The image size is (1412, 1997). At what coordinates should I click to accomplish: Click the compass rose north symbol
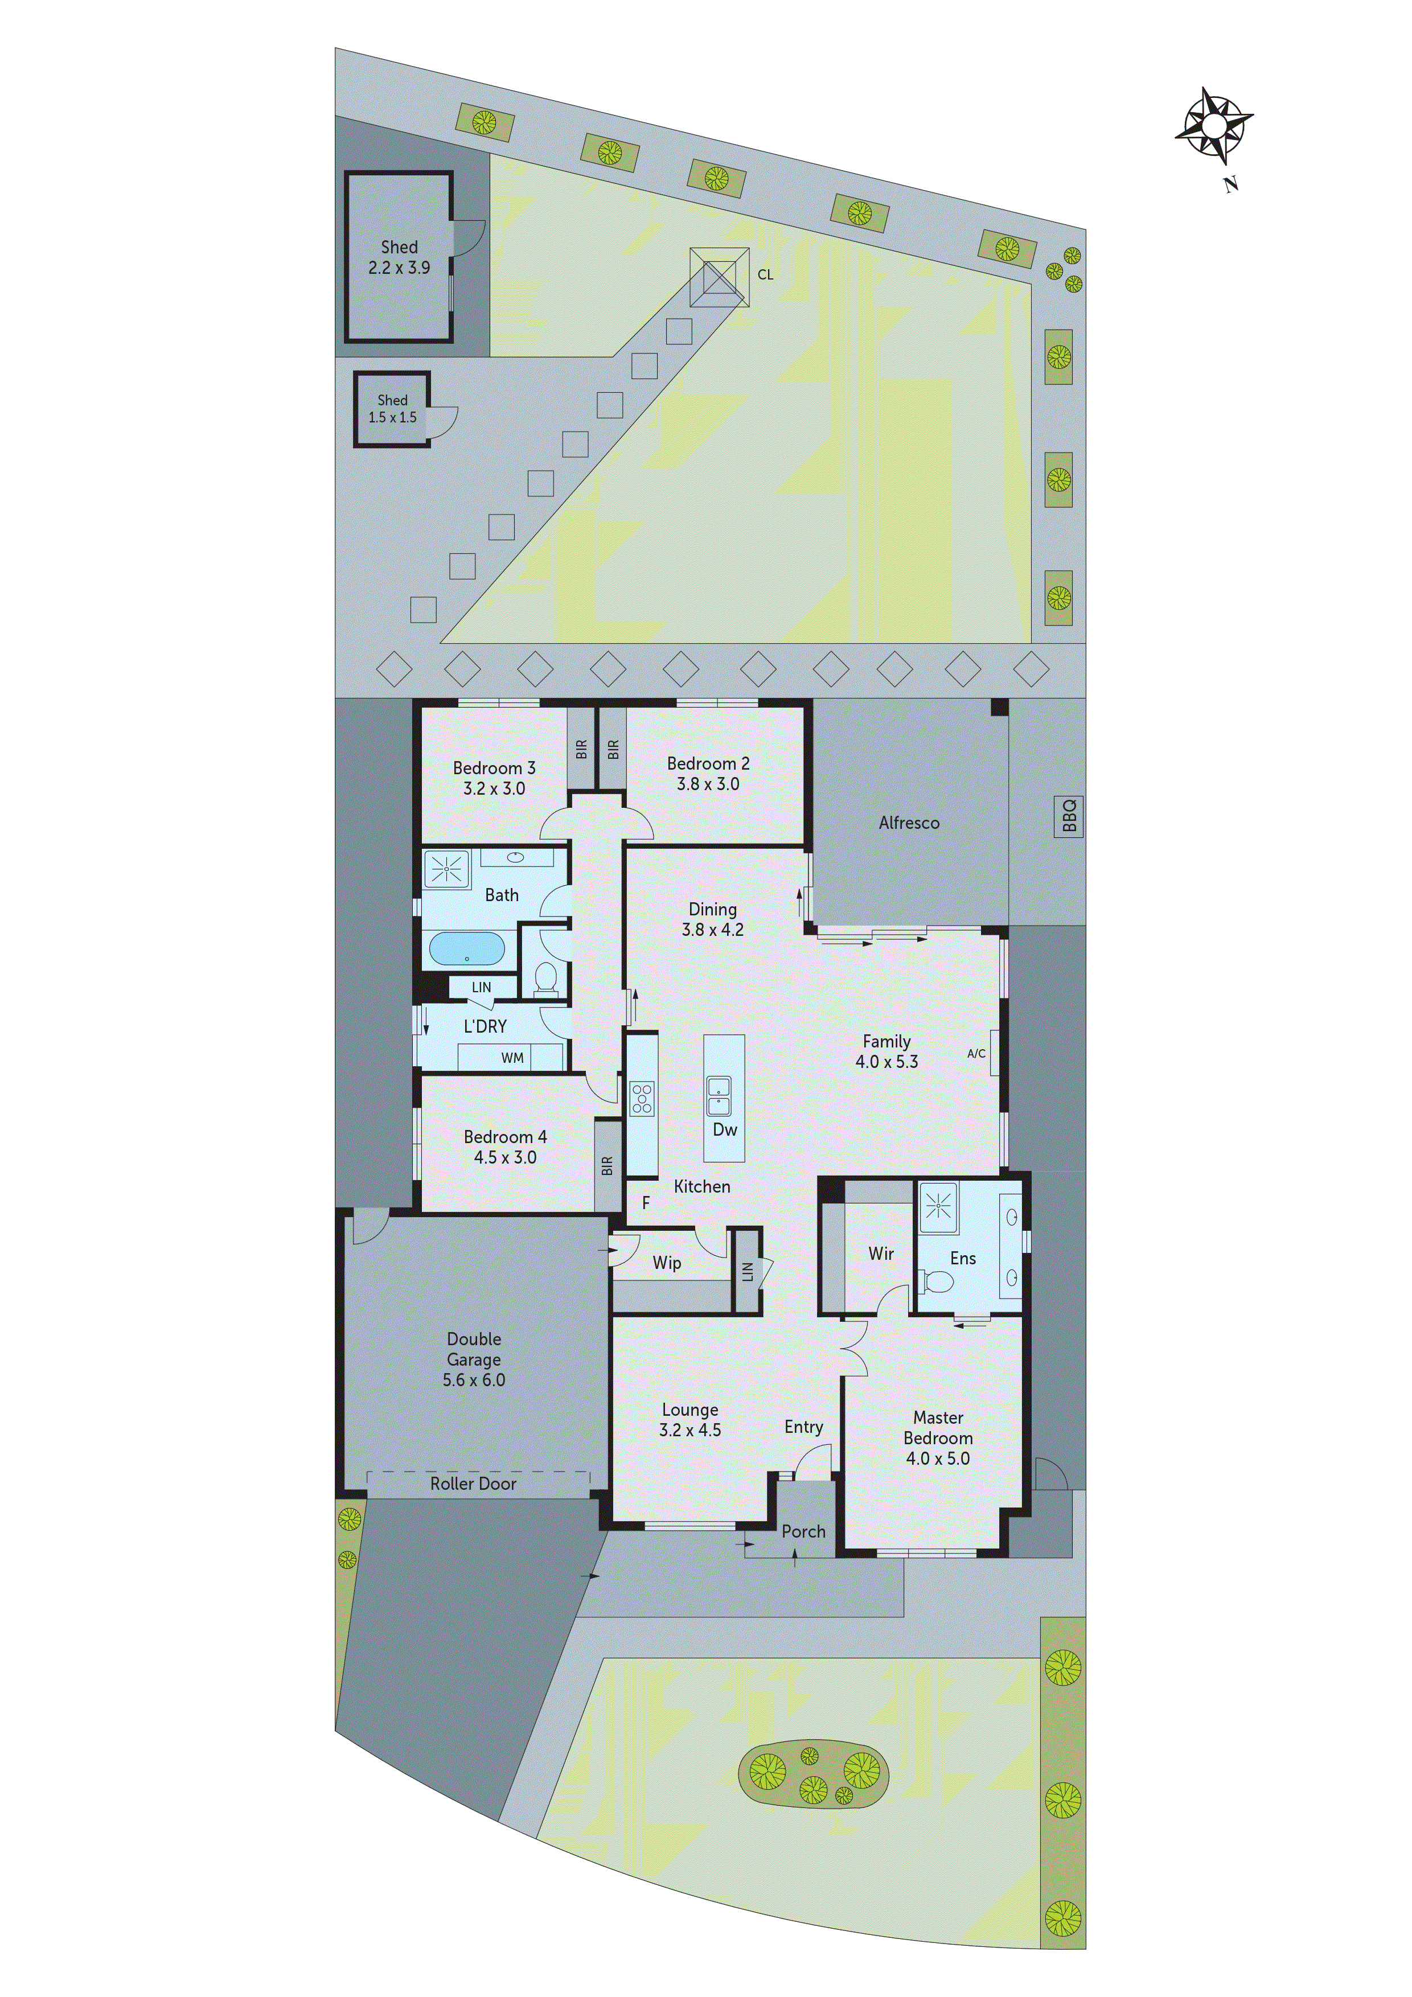(x=1214, y=127)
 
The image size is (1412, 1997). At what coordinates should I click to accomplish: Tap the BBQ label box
(x=1068, y=815)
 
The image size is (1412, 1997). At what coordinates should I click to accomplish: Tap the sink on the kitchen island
(x=719, y=1095)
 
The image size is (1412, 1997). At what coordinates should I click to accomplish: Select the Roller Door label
(x=473, y=1484)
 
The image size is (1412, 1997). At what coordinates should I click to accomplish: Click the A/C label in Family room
(x=976, y=1053)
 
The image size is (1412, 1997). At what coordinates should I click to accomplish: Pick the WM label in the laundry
(x=512, y=1058)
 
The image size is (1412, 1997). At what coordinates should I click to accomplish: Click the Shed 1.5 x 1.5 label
(x=392, y=409)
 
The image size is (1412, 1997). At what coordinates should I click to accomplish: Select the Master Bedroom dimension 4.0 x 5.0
(x=938, y=1458)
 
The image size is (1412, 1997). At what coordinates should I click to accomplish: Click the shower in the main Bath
(x=446, y=868)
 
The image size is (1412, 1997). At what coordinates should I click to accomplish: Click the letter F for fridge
(x=646, y=1203)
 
